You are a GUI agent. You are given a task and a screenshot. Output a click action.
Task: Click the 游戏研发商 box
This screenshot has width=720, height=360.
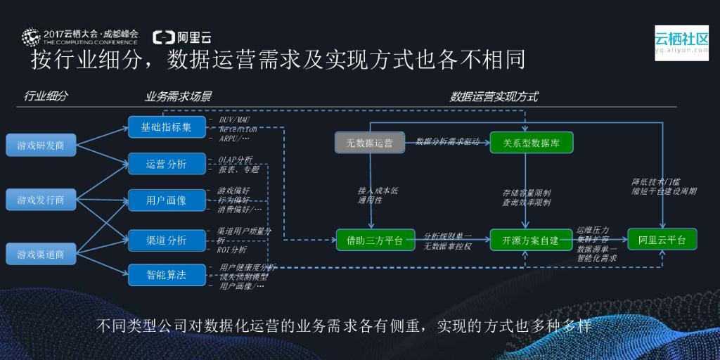click(40, 146)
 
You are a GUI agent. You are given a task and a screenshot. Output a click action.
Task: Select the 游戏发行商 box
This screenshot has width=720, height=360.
click(40, 200)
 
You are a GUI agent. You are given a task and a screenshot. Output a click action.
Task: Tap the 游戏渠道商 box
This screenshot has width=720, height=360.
click(40, 254)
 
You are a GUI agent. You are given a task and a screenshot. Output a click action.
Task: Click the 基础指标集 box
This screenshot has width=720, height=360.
click(167, 127)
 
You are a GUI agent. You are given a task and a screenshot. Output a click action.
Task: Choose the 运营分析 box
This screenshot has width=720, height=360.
click(167, 164)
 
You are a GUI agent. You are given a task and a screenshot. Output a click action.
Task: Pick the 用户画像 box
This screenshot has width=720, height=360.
click(167, 200)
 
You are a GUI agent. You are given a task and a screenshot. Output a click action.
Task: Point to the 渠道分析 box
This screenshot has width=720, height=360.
click(167, 240)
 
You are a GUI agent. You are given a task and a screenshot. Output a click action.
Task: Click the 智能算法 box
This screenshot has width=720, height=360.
click(167, 274)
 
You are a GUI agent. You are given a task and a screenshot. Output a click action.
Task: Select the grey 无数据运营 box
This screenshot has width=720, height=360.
click(369, 143)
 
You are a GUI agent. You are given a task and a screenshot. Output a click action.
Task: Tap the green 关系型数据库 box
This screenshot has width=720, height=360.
click(532, 143)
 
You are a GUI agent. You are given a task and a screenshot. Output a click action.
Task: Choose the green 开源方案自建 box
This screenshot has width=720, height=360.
click(532, 240)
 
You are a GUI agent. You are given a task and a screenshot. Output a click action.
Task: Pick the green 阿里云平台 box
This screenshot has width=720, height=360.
click(662, 240)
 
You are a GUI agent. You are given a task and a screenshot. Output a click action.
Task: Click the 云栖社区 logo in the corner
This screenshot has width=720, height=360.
click(681, 42)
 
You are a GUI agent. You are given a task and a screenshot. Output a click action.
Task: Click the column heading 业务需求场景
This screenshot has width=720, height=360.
click(179, 96)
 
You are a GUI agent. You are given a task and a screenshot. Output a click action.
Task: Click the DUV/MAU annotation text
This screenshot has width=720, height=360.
click(234, 120)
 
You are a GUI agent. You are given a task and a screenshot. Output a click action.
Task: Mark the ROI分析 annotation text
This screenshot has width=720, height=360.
click(232, 250)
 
